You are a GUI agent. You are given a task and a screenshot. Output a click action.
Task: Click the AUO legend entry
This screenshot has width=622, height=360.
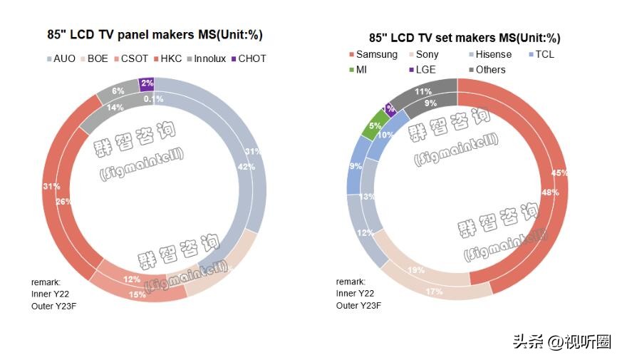(x=59, y=58)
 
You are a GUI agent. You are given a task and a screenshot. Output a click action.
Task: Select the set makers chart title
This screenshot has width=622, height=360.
(x=464, y=38)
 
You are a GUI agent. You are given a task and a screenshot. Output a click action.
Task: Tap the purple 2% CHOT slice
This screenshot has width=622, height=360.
(x=146, y=83)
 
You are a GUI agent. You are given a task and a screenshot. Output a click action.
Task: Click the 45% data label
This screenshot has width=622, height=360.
(x=559, y=173)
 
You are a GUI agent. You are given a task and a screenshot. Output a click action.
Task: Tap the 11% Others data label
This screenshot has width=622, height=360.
(x=423, y=91)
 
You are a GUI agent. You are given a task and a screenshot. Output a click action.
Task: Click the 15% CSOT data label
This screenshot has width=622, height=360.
(x=138, y=294)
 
